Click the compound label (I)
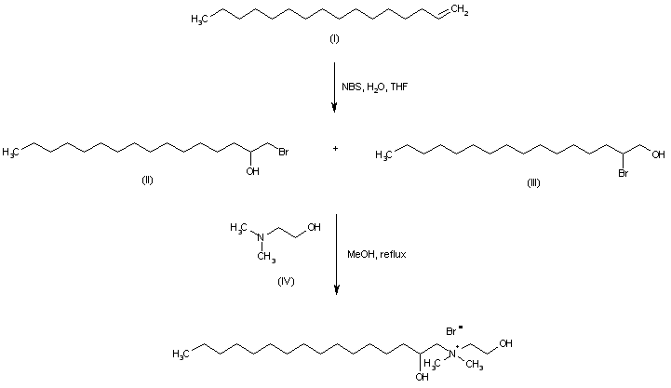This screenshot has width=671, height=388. [x=334, y=41]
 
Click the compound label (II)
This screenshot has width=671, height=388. [x=147, y=180]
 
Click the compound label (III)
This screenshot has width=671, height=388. [x=532, y=182]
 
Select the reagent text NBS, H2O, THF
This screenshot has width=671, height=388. [x=374, y=87]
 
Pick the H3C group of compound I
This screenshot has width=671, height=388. [x=199, y=17]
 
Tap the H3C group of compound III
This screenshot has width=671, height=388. [x=382, y=155]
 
